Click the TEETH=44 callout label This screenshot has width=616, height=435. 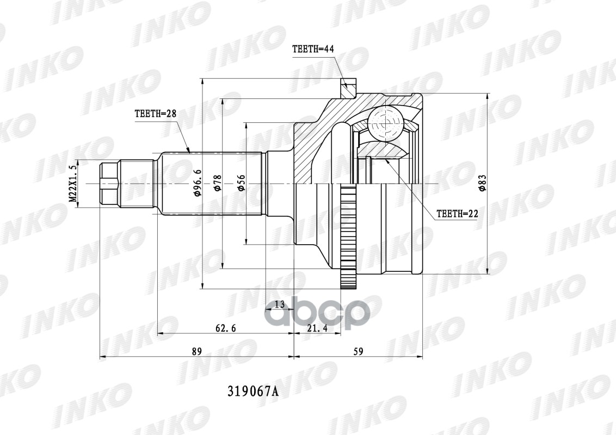(x=312, y=49)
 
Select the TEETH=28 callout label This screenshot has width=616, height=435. (x=155, y=114)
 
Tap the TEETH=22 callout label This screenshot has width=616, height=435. (x=457, y=214)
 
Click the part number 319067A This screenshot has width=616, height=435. (x=251, y=391)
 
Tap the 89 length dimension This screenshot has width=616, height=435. (x=196, y=351)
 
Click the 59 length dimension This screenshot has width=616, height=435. (x=358, y=351)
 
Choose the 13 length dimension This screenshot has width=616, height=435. (x=279, y=304)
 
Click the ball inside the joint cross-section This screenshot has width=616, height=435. (x=385, y=124)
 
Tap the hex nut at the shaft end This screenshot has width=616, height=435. (x=109, y=184)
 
